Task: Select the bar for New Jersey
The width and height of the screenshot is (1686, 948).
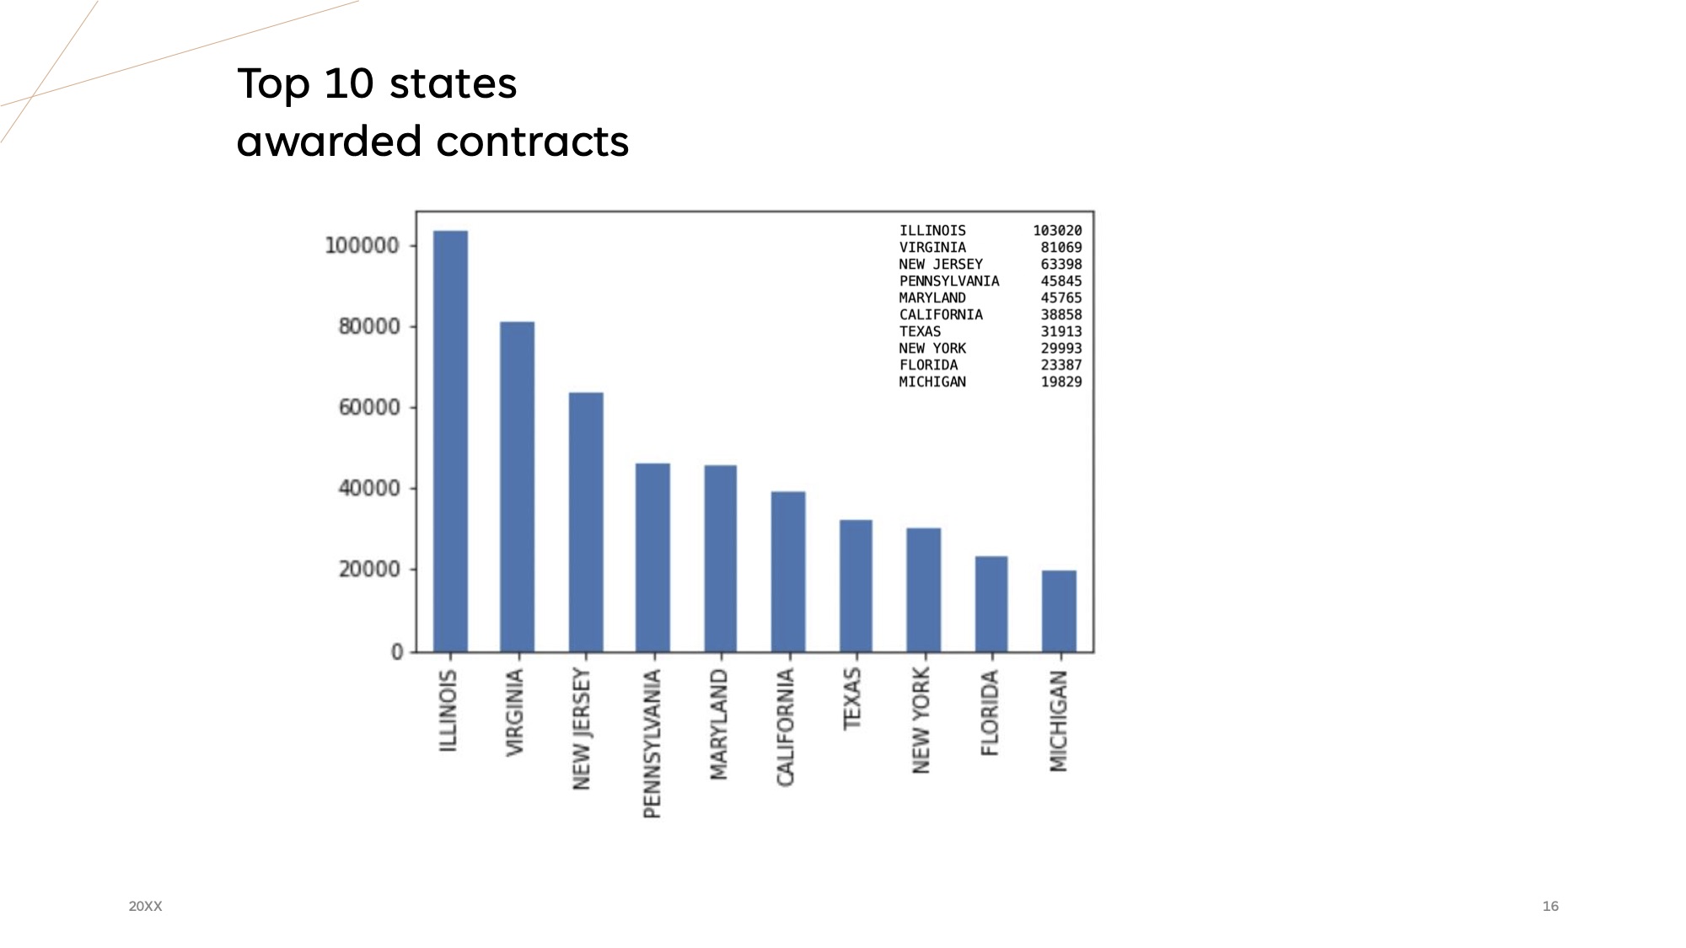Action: tap(586, 522)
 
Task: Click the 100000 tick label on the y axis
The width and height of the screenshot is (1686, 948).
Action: tap(362, 246)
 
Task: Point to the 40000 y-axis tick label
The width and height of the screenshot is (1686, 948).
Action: tap(369, 489)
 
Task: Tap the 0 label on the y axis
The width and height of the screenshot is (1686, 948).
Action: tap(397, 651)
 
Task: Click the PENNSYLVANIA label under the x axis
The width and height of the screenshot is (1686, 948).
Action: tap(652, 743)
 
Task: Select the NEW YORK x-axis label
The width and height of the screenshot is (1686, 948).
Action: tap(921, 720)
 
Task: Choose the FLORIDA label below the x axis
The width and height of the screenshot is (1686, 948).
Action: tap(990, 712)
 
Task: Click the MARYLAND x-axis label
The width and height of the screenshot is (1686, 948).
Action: tap(719, 724)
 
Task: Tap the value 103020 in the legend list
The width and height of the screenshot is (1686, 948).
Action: tap(1057, 231)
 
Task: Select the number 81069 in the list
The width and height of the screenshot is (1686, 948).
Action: tap(1060, 248)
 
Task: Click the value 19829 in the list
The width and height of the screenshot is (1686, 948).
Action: tap(1060, 382)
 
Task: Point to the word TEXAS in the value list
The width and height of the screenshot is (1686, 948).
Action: tap(920, 331)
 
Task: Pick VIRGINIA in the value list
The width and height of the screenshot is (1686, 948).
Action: tap(932, 248)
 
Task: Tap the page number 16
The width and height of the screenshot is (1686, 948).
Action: tap(1550, 906)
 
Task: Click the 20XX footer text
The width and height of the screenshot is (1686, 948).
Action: tap(145, 906)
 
